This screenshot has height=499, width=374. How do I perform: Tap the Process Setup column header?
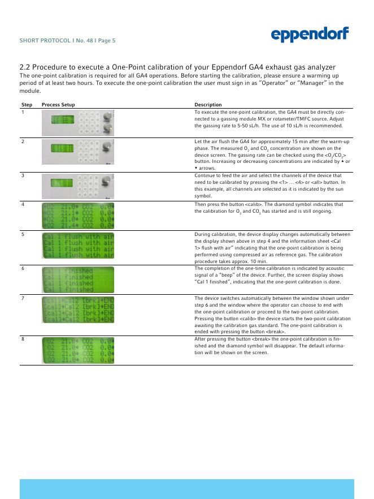(58, 105)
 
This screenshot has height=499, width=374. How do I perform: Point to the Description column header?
(208, 105)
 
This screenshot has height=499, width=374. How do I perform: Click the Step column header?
(27, 105)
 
